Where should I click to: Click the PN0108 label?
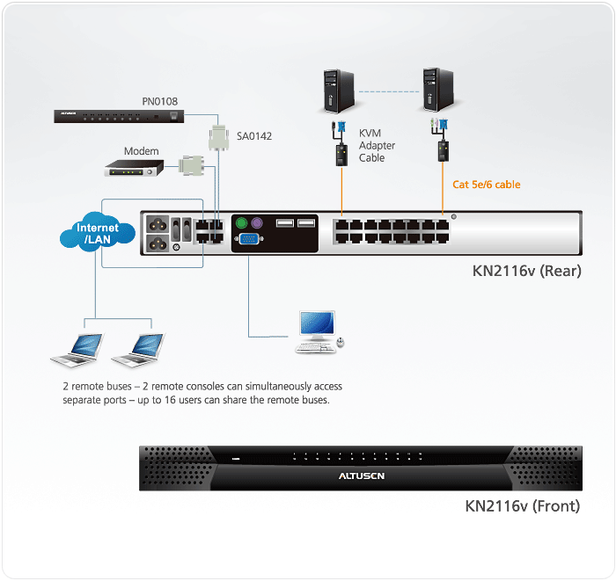pyautogui.click(x=160, y=102)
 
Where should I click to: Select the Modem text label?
pyautogui.click(x=141, y=151)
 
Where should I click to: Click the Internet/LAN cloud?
pyautogui.click(x=97, y=234)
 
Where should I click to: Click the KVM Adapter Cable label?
pyautogui.click(x=377, y=145)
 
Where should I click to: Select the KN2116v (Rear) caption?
pyautogui.click(x=526, y=271)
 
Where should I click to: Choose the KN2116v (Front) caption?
pyautogui.click(x=523, y=506)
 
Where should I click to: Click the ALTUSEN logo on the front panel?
pyautogui.click(x=361, y=476)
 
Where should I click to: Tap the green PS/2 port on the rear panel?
pyautogui.click(x=241, y=223)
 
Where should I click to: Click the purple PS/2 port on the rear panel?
pyautogui.click(x=258, y=223)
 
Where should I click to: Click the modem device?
pyautogui.click(x=135, y=167)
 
